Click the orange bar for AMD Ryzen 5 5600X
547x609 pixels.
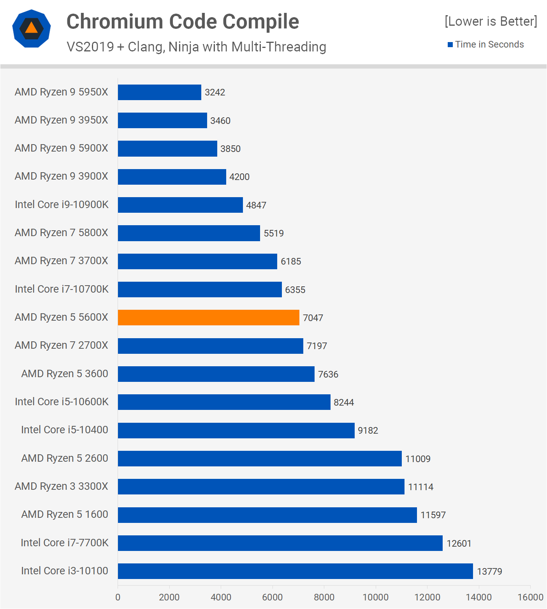209,318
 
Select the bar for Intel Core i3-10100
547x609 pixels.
295,571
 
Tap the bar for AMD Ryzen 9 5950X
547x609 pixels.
160,92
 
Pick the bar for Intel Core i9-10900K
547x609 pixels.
180,205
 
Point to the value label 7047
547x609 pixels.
313,318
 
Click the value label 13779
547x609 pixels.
489,572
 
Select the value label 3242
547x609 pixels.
215,92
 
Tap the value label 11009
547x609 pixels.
418,459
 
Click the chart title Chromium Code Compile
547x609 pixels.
183,21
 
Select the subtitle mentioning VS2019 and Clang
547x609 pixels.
196,47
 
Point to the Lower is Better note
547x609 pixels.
491,21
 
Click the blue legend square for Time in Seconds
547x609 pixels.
450,45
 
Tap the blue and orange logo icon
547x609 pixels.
32,28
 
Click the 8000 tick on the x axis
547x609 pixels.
324,597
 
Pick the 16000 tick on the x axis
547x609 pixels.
530,597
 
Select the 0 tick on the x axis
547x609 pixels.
118,597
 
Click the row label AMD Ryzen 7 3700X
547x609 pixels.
62,261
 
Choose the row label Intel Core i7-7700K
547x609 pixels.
65,543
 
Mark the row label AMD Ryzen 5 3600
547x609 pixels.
65,374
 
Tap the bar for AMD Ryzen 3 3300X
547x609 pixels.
261,487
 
